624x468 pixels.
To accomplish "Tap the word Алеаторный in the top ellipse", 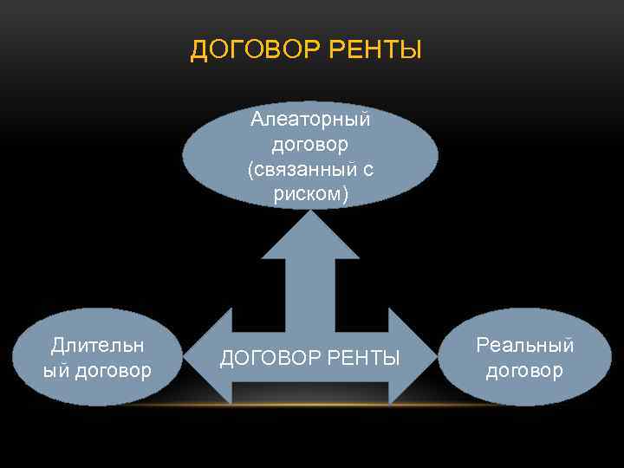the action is point(310,117).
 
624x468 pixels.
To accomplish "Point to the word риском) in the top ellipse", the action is point(310,195).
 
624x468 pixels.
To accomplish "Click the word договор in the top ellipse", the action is point(310,143).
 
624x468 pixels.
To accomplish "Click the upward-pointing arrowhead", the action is point(310,234).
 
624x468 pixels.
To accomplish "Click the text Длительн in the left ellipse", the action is point(97,345).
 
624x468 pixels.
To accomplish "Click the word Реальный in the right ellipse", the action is point(525,345).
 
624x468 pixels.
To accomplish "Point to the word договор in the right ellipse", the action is point(525,371).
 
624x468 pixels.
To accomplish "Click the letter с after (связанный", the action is point(367,169).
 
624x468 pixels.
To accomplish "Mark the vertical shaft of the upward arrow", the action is point(310,290).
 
